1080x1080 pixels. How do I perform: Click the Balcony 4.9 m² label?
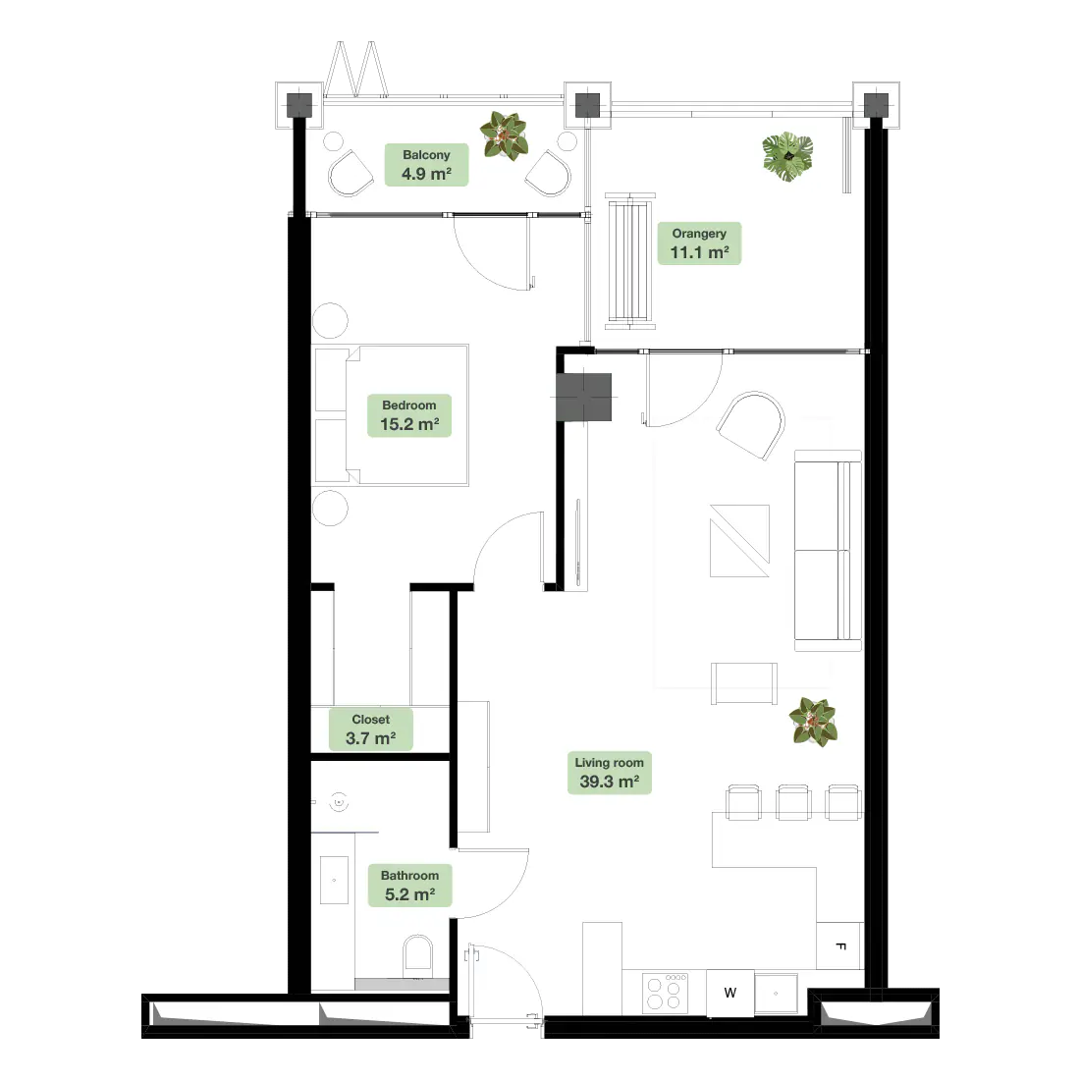coord(426,165)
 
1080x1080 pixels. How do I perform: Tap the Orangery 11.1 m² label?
coord(699,243)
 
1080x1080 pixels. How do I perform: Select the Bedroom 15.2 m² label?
coord(409,415)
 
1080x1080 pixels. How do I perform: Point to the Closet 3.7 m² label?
coord(370,729)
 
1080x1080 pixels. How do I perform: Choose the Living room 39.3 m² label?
coord(610,773)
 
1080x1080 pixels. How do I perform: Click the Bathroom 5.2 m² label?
coord(409,885)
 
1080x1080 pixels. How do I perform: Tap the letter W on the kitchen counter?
coord(730,993)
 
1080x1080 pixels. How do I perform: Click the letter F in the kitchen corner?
coord(840,946)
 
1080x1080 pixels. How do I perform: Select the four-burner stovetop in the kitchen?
coord(665,993)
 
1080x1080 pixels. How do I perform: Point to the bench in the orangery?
coord(630,261)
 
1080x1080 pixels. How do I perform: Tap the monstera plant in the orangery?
coord(788,156)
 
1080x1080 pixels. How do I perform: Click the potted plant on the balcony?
coord(505,135)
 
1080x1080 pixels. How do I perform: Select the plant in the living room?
coord(814,722)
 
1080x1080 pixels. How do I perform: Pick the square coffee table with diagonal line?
coord(739,541)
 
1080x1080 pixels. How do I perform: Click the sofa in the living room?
coord(828,551)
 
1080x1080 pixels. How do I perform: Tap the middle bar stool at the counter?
coord(793,802)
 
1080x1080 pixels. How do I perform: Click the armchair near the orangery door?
coord(752,424)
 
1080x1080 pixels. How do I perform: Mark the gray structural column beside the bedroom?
coord(584,398)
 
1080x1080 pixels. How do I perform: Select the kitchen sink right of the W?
coord(777,994)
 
